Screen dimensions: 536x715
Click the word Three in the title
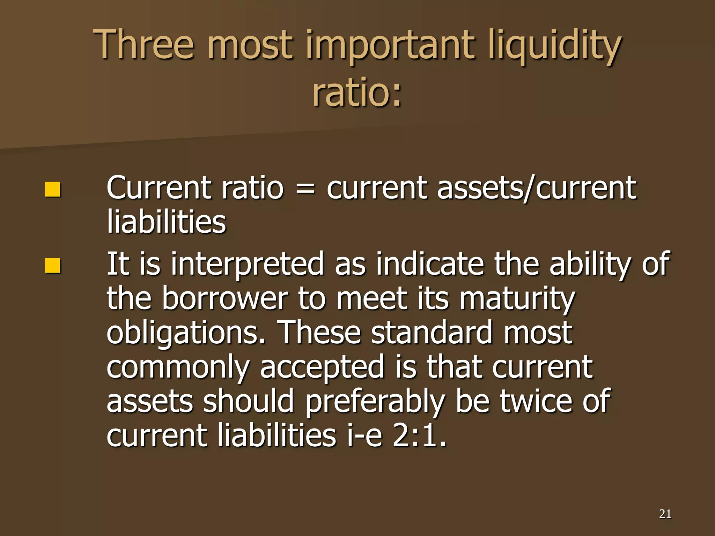coord(143,45)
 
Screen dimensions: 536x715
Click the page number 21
coord(665,514)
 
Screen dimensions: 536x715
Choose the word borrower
coord(225,299)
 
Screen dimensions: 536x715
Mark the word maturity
coord(517,299)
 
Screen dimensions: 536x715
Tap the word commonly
coord(178,367)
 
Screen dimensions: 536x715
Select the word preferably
coord(375,401)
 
